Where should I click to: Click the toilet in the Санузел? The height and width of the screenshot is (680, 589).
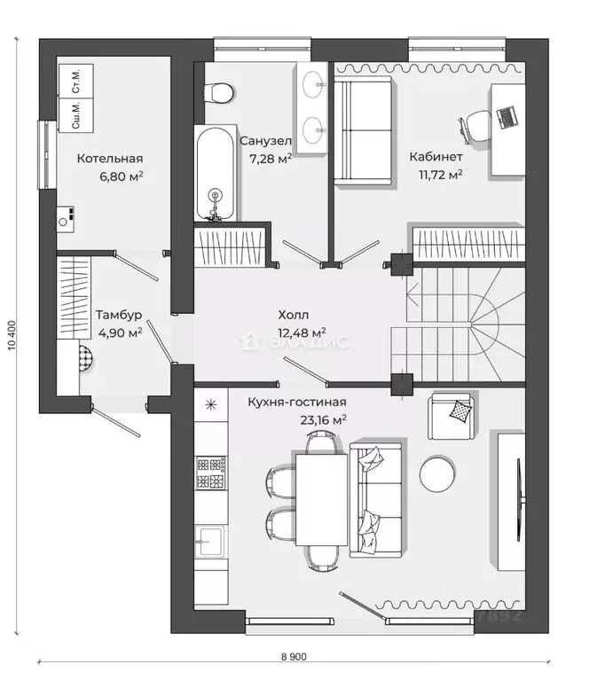[x=218, y=93]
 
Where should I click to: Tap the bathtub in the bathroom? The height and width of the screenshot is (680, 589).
[x=216, y=174]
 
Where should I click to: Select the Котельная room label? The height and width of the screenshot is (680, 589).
[x=110, y=159]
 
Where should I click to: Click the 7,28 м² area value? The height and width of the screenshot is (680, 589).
[x=271, y=159]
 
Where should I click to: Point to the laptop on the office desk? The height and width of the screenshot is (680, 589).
[x=507, y=117]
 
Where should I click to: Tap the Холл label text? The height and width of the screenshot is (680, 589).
[x=294, y=315]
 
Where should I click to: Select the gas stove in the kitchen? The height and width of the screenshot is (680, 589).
[x=211, y=473]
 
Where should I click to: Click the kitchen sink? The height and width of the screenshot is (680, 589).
[x=210, y=541]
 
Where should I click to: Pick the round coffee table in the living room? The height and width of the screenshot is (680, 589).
[x=437, y=474]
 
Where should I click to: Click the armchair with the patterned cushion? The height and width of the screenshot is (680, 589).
[x=452, y=416]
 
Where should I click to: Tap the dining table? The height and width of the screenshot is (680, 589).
[x=322, y=500]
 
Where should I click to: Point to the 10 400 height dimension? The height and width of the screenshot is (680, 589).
[x=12, y=335]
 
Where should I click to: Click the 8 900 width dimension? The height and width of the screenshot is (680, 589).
[x=294, y=657]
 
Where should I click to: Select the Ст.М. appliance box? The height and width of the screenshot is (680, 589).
[x=76, y=81]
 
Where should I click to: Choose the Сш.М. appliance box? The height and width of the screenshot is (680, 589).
[x=76, y=115]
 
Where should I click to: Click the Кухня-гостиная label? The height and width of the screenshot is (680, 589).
[x=297, y=402]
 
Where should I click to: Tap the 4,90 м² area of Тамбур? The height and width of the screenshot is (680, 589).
[x=121, y=333]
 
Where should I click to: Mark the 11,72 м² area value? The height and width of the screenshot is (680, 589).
[x=440, y=175]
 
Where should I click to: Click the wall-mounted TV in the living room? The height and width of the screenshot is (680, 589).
[x=520, y=500]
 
